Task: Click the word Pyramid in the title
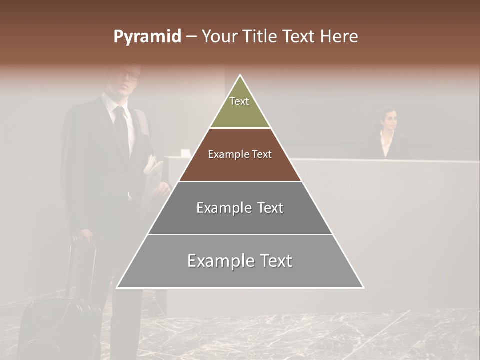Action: (x=147, y=37)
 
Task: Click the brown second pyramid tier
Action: (x=240, y=155)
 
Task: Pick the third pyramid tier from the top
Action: (x=240, y=208)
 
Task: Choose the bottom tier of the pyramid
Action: (x=240, y=261)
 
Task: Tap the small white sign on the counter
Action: (x=184, y=152)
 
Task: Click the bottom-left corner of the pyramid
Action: (x=117, y=288)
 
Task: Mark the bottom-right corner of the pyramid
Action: (x=363, y=288)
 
